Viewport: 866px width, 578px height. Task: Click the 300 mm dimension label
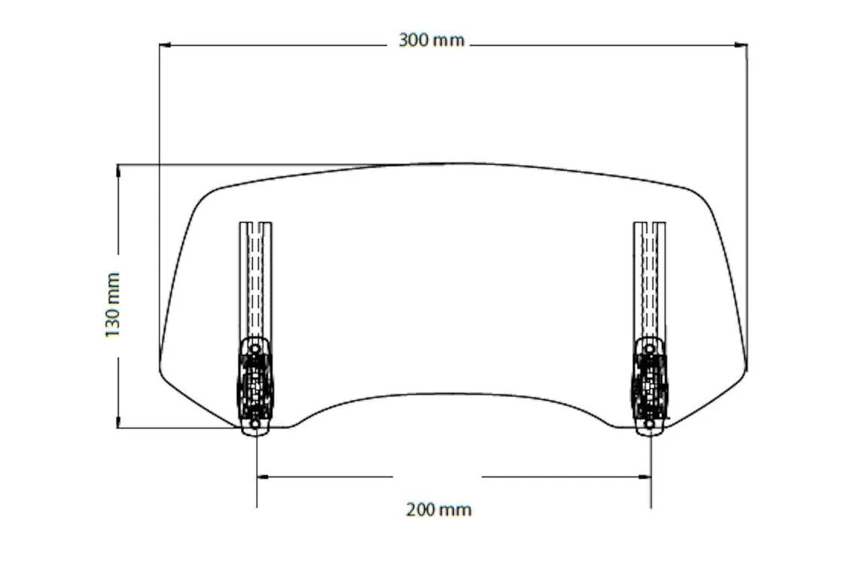click(x=431, y=41)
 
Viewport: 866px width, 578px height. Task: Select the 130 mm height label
click(x=113, y=305)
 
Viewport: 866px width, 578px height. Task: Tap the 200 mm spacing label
click(x=439, y=510)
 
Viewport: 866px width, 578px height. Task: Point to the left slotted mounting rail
click(x=256, y=278)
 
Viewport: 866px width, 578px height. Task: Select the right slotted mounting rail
click(x=649, y=278)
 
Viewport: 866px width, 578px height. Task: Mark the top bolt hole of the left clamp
click(x=255, y=348)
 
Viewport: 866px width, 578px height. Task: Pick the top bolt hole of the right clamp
click(x=649, y=348)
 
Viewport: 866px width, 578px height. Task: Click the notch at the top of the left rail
click(x=256, y=225)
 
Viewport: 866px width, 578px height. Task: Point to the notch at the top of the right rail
click(x=649, y=225)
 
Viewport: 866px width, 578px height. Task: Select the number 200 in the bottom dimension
click(x=421, y=510)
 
